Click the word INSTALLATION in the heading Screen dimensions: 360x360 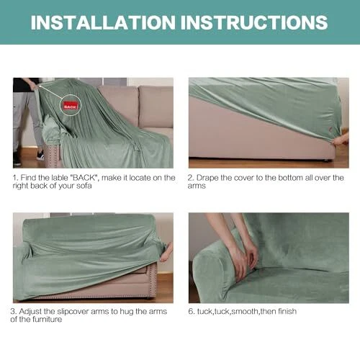click(x=103, y=22)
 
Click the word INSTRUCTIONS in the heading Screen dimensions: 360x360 click(x=254, y=22)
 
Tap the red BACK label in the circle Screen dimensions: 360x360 click(x=71, y=106)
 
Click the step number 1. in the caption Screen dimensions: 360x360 click(x=15, y=178)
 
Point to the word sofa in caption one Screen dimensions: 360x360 click(x=84, y=186)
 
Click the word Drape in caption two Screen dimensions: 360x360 click(x=207, y=178)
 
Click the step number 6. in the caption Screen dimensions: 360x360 click(x=192, y=312)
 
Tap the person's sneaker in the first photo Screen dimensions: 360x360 click(x=40, y=156)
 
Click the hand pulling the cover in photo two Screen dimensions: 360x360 click(x=341, y=140)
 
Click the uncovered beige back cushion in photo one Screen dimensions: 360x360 click(x=156, y=107)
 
